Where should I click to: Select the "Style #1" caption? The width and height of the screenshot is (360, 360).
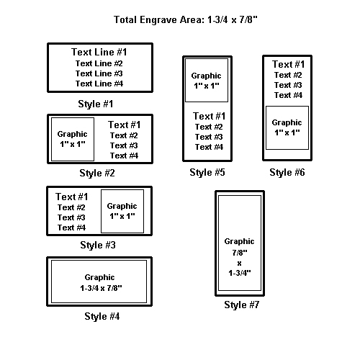click(96, 104)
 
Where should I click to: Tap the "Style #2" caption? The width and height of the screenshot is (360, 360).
click(97, 173)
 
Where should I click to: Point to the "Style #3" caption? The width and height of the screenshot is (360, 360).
click(98, 245)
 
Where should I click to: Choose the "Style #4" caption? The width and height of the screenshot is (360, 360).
click(102, 316)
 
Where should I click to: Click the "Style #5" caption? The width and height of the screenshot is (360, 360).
click(207, 172)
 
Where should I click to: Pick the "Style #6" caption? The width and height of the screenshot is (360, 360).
click(287, 172)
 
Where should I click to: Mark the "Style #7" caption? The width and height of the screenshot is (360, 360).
click(242, 305)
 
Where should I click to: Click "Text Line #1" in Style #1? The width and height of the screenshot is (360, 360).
click(99, 52)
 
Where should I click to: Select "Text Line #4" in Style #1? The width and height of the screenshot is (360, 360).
click(99, 84)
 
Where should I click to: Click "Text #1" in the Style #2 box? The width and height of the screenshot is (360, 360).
click(125, 125)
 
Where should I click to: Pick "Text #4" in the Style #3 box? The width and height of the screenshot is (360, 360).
click(71, 228)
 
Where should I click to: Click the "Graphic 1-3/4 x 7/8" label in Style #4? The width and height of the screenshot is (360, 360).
click(101, 282)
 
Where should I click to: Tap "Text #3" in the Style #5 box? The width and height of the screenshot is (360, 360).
click(209, 137)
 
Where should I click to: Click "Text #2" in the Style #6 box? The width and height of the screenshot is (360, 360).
click(288, 75)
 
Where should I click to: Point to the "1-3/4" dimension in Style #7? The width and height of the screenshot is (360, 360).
click(240, 273)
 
